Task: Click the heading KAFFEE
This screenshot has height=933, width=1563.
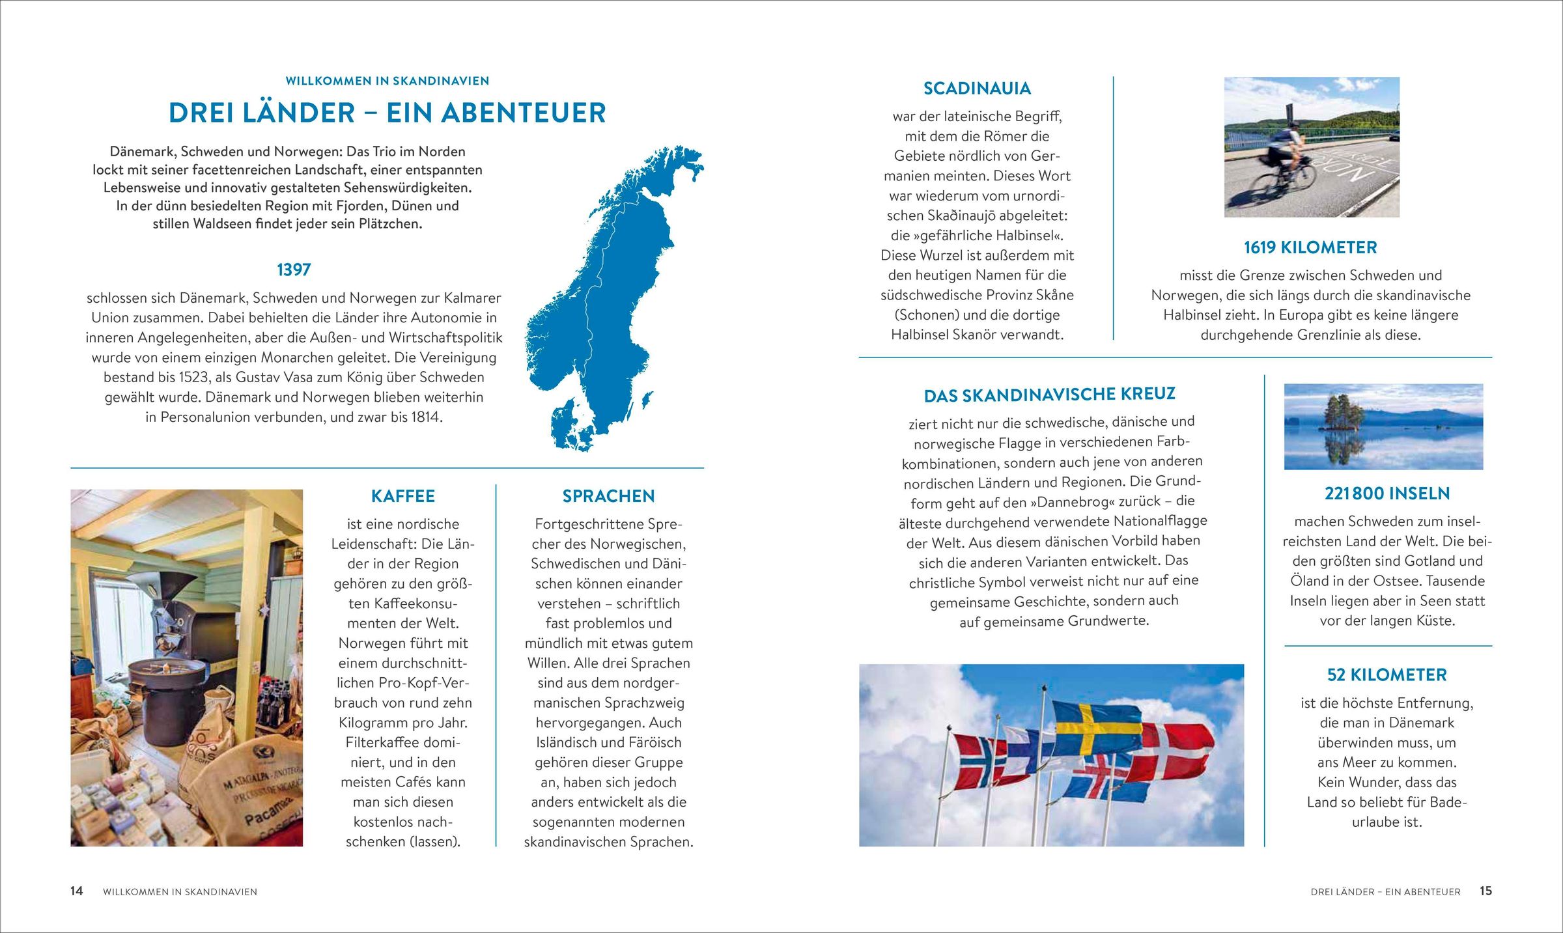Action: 402,496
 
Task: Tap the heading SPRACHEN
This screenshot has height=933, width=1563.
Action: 608,496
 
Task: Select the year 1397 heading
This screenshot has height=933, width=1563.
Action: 294,270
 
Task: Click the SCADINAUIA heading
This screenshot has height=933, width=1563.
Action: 977,89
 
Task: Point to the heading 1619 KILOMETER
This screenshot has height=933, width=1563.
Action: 1310,247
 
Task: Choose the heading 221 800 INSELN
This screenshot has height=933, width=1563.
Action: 1387,494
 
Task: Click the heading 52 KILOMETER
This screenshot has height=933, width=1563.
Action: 1387,675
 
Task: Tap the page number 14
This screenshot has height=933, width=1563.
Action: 77,891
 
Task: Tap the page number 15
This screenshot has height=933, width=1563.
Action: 1485,891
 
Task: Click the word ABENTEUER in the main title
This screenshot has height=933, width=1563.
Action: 524,113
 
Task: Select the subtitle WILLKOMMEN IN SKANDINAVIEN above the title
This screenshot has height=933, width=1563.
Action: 387,81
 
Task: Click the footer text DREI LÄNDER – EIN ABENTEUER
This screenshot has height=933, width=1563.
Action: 1385,892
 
